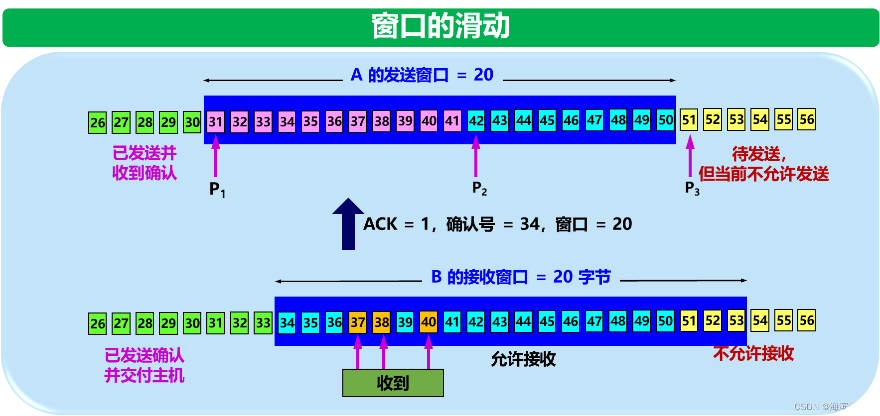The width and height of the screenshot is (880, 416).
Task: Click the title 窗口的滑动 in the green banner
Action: (440, 26)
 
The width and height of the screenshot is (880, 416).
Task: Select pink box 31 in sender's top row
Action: (215, 122)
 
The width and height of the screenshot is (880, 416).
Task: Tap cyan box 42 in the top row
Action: (476, 121)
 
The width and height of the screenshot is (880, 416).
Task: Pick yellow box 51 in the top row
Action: (689, 120)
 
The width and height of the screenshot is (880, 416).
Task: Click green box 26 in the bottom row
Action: (98, 324)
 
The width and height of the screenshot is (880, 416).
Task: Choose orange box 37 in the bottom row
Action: (358, 322)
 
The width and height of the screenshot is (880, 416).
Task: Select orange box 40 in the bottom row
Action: (429, 322)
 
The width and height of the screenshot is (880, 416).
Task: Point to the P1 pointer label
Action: (217, 190)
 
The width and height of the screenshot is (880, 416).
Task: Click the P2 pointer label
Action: (479, 188)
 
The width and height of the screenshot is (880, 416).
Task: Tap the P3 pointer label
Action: (692, 188)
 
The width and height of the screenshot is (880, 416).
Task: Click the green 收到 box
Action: (393, 383)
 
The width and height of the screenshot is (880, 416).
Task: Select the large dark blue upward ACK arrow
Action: (348, 224)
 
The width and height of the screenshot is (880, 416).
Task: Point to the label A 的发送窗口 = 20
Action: (422, 75)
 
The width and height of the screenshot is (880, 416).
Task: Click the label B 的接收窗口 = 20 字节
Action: (521, 277)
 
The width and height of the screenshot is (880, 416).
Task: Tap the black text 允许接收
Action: (523, 359)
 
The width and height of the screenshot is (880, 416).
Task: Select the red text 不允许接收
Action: (753, 354)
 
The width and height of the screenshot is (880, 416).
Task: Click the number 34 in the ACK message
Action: (529, 224)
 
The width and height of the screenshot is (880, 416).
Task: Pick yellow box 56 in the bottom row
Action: (807, 321)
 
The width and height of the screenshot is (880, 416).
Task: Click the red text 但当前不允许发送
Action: (763, 174)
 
